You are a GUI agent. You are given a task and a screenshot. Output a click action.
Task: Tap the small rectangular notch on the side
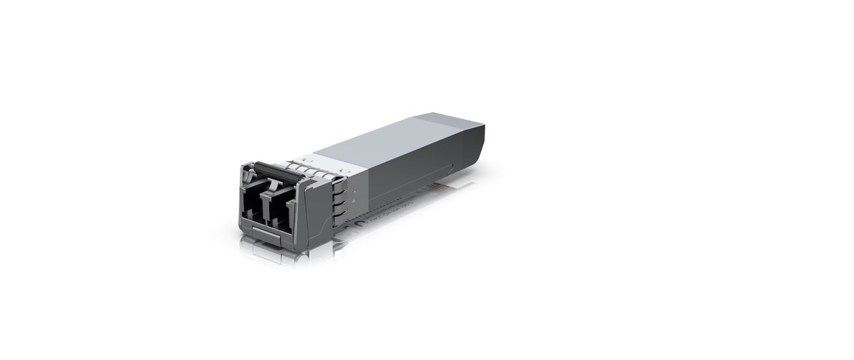click(x=354, y=197)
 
